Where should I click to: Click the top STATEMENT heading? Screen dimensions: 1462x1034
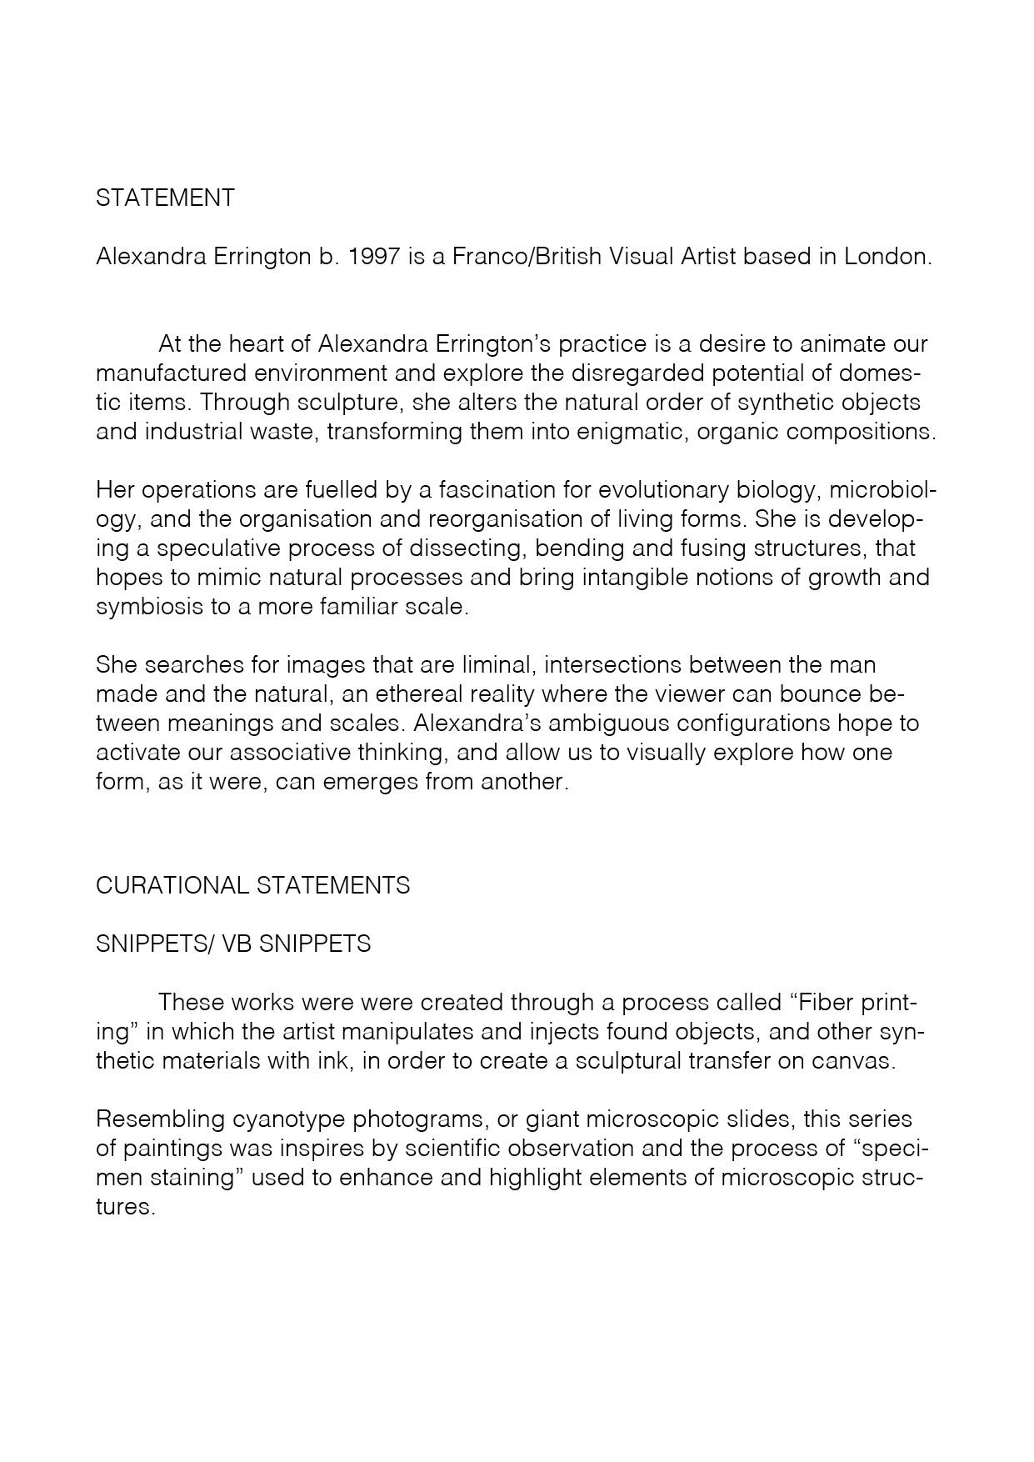click(x=165, y=198)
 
